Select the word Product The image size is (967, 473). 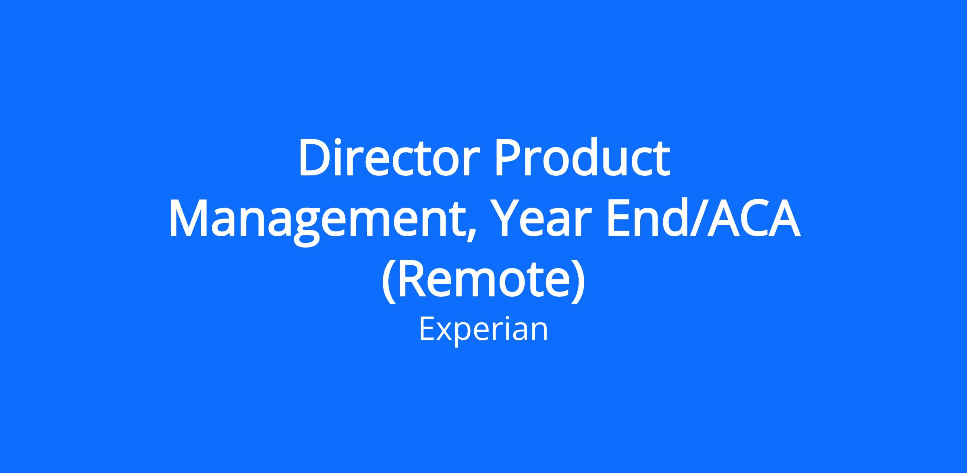tap(582, 158)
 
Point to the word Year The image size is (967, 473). tap(544, 220)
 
